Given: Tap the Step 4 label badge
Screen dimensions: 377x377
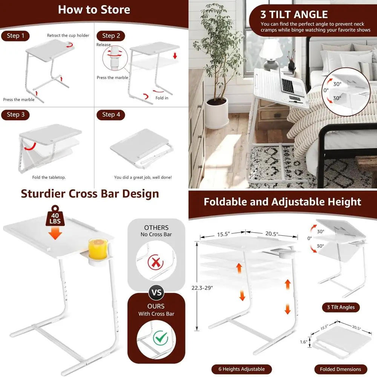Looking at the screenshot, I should pyautogui.click(x=111, y=115).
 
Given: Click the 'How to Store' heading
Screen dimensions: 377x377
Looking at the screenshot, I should pyautogui.click(x=94, y=9).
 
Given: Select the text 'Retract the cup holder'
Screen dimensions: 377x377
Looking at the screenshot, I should pyautogui.click(x=68, y=35).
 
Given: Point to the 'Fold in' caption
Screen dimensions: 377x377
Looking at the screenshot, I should pyautogui.click(x=162, y=98).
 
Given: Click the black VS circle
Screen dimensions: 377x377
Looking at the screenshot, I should pyautogui.click(x=156, y=292).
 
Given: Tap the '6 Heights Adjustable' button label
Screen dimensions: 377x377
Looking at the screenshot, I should pyautogui.click(x=242, y=369).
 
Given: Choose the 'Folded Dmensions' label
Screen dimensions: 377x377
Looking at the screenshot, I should pyautogui.click(x=340, y=369).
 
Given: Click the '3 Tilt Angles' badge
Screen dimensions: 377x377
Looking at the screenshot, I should pyautogui.click(x=340, y=307).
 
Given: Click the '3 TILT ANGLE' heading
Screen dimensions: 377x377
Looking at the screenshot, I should pyautogui.click(x=294, y=15).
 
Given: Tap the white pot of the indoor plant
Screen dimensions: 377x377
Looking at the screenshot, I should pyautogui.click(x=217, y=113).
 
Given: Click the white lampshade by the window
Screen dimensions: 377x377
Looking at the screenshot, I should pyautogui.click(x=271, y=48).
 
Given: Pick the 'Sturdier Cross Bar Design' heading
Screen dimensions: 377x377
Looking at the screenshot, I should pyautogui.click(x=90, y=194).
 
